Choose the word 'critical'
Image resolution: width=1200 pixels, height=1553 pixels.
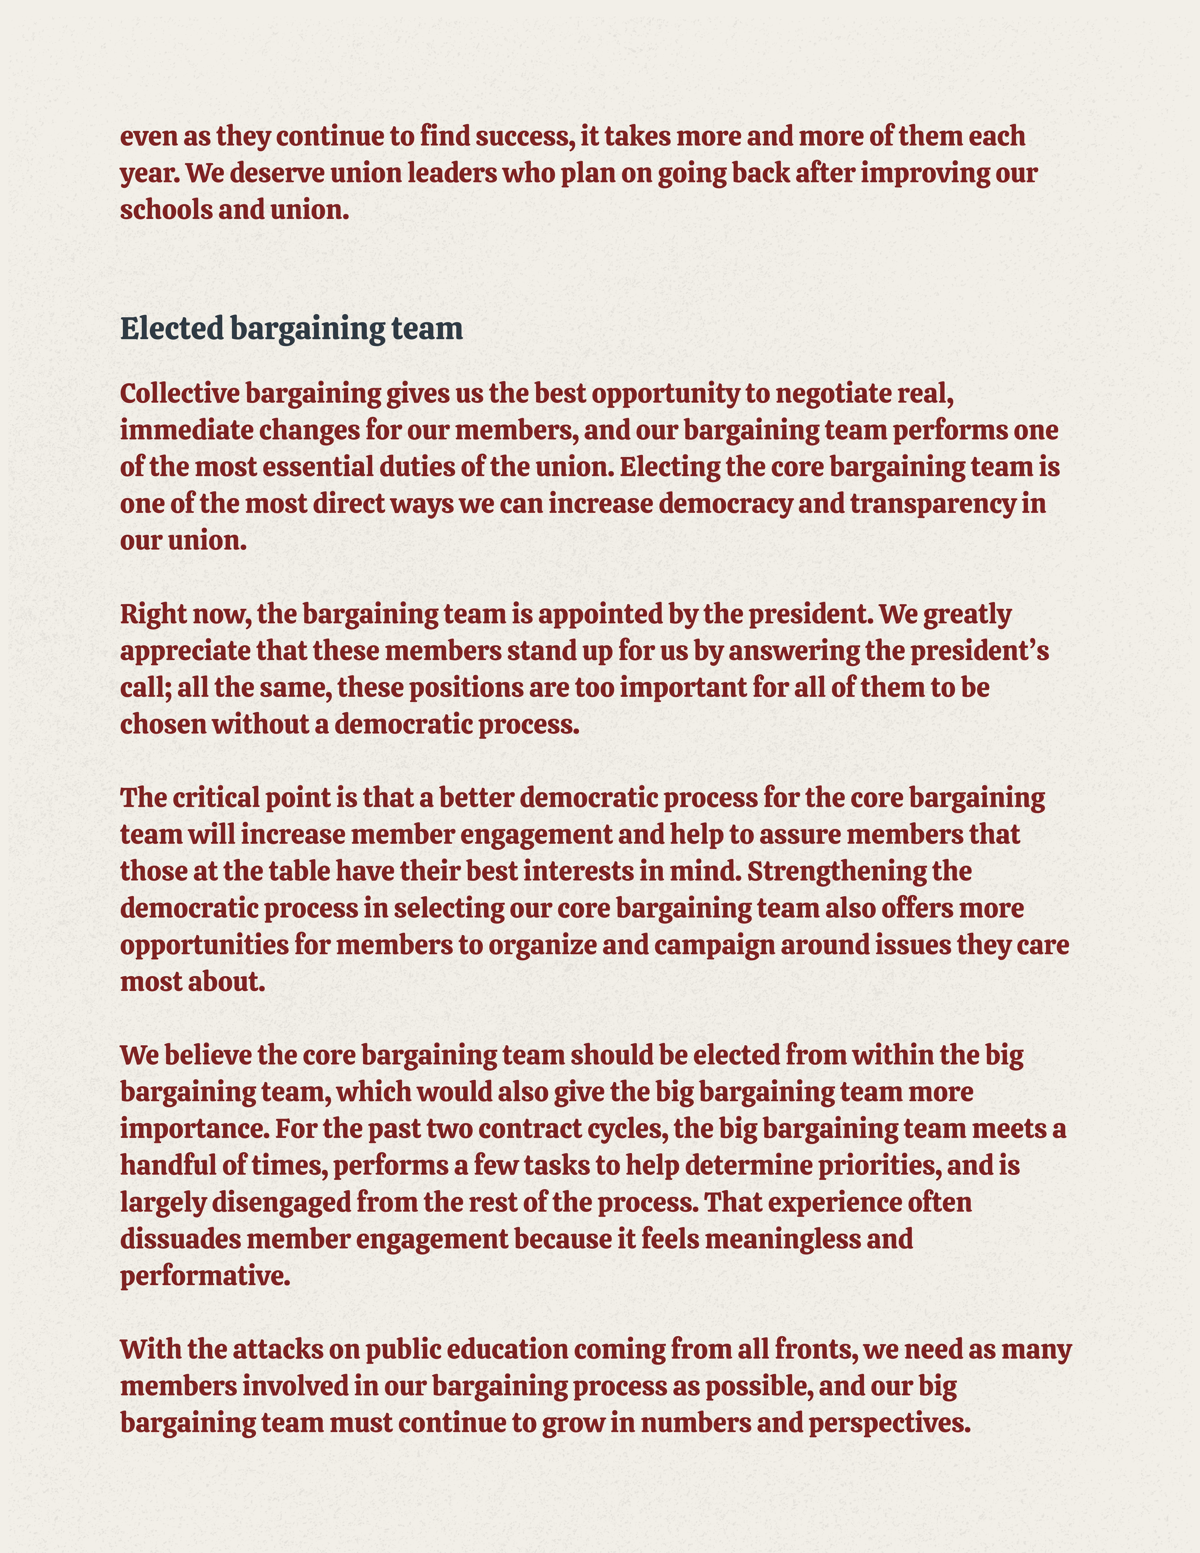[x=216, y=798]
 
